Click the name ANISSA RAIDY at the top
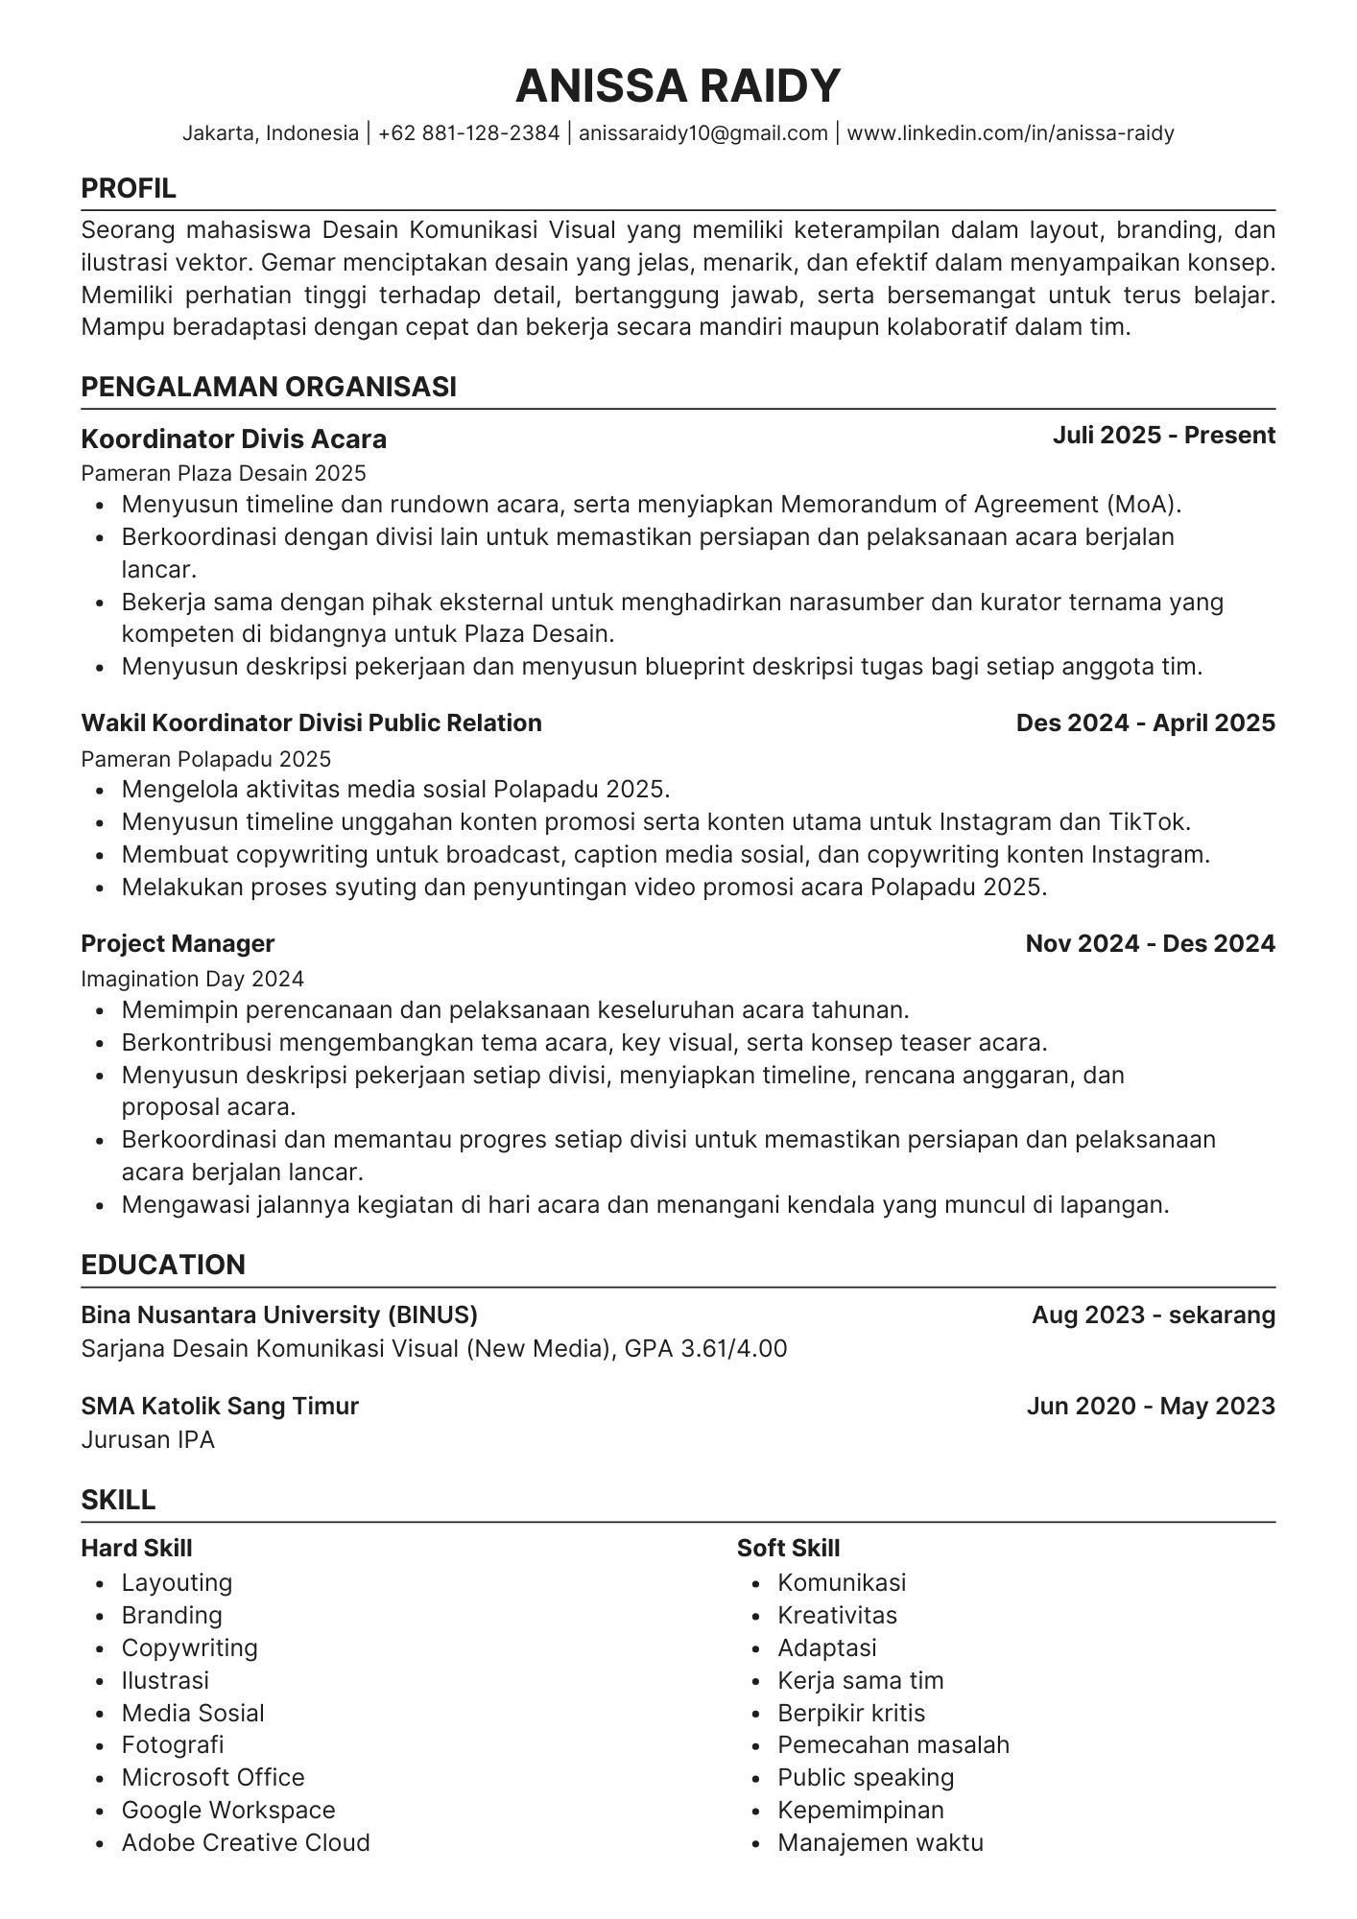pyautogui.click(x=678, y=85)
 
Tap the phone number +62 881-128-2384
pyautogui.click(x=468, y=133)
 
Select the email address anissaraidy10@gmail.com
pyautogui.click(x=702, y=133)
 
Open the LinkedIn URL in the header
pyautogui.click(x=1011, y=133)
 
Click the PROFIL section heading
pyautogui.click(x=129, y=189)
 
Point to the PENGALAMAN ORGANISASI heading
pyautogui.click(x=269, y=387)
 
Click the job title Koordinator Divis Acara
pyautogui.click(x=233, y=439)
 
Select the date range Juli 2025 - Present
pyautogui.click(x=1163, y=436)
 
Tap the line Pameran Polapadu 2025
pyautogui.click(x=205, y=759)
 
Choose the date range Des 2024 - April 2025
pyautogui.click(x=1145, y=723)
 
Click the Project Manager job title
pyautogui.click(x=178, y=943)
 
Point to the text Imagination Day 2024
pyautogui.click(x=192, y=979)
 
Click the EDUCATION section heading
pyautogui.click(x=163, y=1265)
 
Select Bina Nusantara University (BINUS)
pyautogui.click(x=278, y=1315)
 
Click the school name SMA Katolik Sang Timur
pyautogui.click(x=219, y=1406)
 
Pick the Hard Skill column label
pyautogui.click(x=136, y=1548)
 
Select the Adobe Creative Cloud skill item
pyautogui.click(x=245, y=1842)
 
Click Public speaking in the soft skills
pyautogui.click(x=865, y=1777)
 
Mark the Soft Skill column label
pyautogui.click(x=788, y=1548)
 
